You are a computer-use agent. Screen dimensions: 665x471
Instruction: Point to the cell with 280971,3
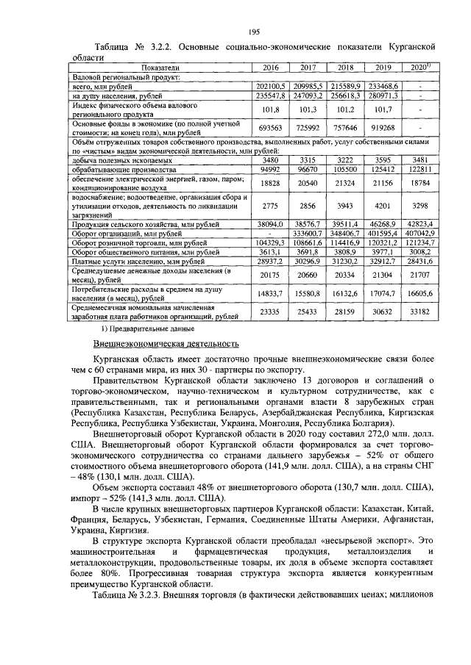pos(382,95)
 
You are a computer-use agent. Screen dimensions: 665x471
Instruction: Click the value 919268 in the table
pos(382,127)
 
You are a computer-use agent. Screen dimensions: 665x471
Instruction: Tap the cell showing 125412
pos(382,169)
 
